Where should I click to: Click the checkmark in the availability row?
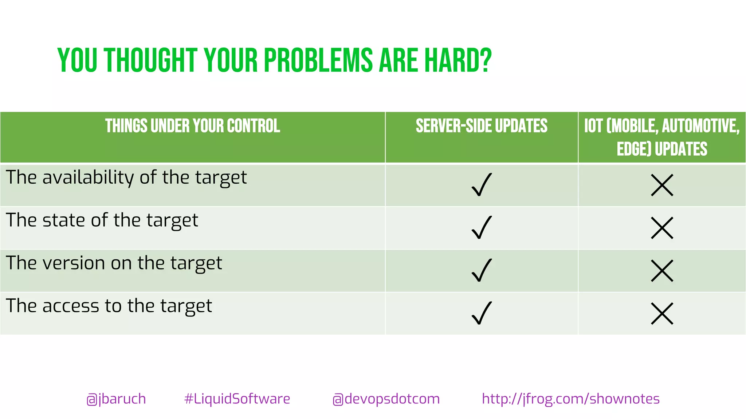(482, 185)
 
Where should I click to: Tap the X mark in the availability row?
(662, 185)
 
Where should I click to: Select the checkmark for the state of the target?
(482, 228)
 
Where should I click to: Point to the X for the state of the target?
(662, 228)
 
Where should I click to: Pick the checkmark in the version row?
(482, 270)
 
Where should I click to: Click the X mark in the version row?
(662, 271)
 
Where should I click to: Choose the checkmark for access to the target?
(482, 313)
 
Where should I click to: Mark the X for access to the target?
(662, 314)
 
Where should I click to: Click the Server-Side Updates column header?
(482, 126)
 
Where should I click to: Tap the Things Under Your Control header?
(192, 126)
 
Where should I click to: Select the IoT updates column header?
(662, 137)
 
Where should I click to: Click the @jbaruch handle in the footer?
(116, 399)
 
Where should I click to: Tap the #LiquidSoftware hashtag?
(237, 399)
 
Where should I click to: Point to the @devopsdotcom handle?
(386, 399)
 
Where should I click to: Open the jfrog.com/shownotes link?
(570, 399)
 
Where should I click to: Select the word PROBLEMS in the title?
(318, 60)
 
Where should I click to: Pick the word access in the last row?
(71, 306)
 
